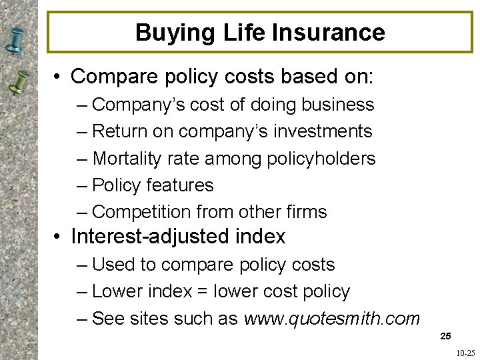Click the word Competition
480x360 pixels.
pyautogui.click(x=141, y=212)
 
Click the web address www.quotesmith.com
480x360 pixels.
pyautogui.click(x=332, y=319)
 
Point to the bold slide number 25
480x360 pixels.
pyautogui.click(x=446, y=337)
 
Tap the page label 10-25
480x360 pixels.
pyautogui.click(x=466, y=353)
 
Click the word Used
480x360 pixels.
pyautogui.click(x=114, y=265)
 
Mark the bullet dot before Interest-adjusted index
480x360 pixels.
pyautogui.click(x=59, y=237)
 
